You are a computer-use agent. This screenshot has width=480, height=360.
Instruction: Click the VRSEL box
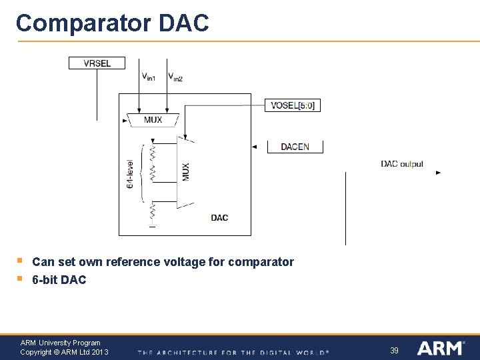(x=97, y=63)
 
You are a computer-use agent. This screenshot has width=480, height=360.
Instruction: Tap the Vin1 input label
(x=148, y=77)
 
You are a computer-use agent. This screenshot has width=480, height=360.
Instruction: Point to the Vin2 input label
(x=175, y=77)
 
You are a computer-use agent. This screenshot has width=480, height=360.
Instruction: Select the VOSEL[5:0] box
(x=293, y=105)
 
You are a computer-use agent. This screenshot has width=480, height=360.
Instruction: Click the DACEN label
(x=295, y=147)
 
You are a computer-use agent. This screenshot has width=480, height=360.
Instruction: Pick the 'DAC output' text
(x=402, y=164)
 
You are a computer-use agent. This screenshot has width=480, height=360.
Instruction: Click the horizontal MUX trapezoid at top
(x=153, y=121)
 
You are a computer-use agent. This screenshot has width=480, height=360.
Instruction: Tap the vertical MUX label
(x=186, y=171)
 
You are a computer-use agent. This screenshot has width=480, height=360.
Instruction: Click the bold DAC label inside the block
(x=219, y=218)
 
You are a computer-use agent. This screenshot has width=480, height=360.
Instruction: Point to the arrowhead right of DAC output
(x=438, y=173)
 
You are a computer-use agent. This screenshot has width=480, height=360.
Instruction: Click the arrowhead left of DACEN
(x=254, y=147)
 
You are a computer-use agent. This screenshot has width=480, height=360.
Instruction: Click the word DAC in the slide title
(x=183, y=23)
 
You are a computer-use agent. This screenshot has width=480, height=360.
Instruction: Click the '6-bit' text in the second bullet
(x=45, y=280)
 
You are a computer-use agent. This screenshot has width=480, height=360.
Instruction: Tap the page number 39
(x=394, y=350)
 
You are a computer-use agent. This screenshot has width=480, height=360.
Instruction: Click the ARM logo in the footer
(x=441, y=348)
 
